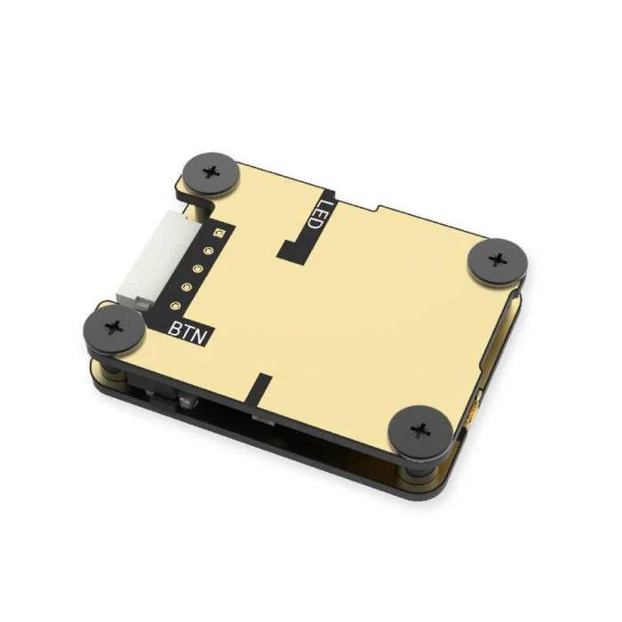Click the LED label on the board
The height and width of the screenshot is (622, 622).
point(315,214)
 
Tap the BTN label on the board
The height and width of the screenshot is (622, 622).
point(188,330)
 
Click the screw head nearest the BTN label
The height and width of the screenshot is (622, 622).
point(114,328)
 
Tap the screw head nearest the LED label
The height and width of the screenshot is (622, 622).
point(211,170)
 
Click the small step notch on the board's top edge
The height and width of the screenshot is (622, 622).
point(377,210)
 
